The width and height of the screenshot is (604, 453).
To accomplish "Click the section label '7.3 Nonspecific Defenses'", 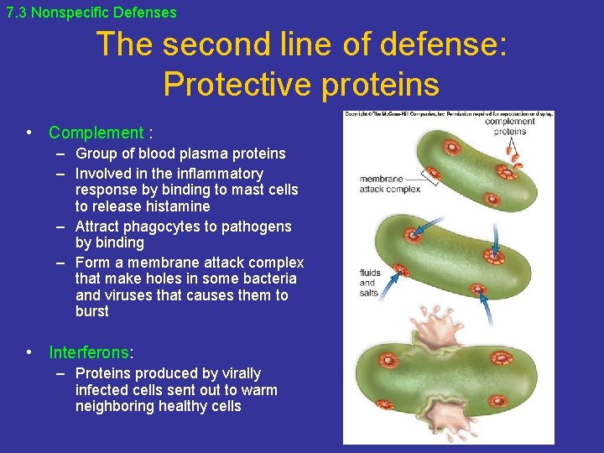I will coord(91,13).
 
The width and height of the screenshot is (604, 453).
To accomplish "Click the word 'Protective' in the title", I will coord(237,84).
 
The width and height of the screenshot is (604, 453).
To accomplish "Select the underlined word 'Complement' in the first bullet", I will coord(96,133).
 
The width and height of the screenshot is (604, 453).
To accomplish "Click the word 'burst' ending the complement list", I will coord(92,311).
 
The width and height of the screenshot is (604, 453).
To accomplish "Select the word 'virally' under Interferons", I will coord(238,373).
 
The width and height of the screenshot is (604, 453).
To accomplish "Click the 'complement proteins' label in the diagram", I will coord(509,126).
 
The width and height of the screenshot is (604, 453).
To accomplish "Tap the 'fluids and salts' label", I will coord(370,284).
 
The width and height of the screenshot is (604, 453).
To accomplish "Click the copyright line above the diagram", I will coord(448,114).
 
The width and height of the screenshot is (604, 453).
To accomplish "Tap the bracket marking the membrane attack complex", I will coord(431,175).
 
